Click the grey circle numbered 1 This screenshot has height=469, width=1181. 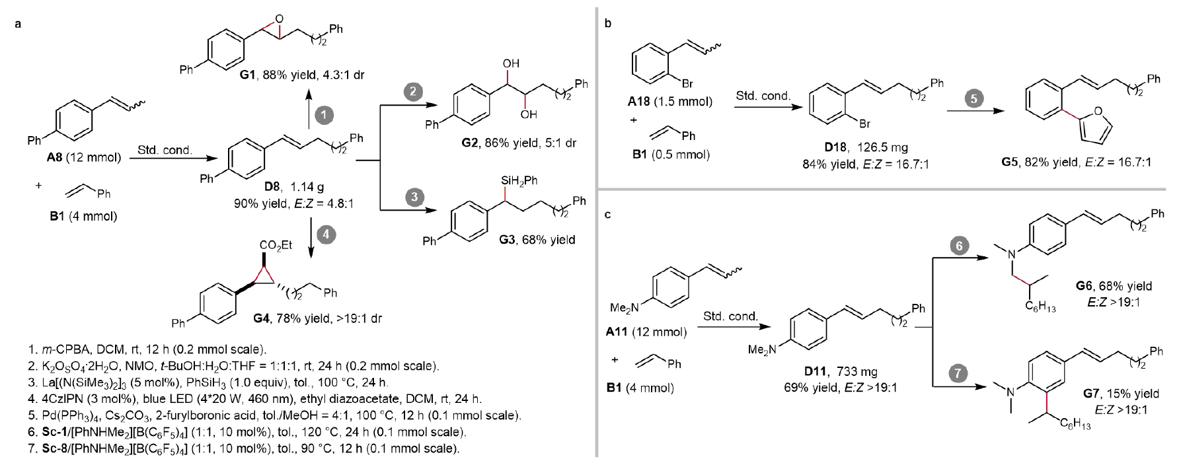click(323, 115)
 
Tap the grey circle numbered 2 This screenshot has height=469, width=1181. click(413, 91)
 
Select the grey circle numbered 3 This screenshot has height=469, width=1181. click(414, 196)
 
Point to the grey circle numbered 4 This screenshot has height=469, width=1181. click(325, 234)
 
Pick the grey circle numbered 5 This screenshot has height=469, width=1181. click(973, 98)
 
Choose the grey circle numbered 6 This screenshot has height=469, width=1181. click(959, 246)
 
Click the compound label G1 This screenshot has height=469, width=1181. click(247, 75)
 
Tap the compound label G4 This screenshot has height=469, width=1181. click(261, 318)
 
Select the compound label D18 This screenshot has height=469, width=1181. click(835, 147)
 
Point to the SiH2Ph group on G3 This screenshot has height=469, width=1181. click(519, 180)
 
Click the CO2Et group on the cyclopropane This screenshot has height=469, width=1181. click(276, 245)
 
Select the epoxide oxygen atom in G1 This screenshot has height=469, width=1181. click(279, 19)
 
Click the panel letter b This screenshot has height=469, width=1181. click(608, 24)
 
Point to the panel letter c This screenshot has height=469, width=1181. click(608, 214)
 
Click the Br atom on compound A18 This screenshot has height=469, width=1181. click(687, 84)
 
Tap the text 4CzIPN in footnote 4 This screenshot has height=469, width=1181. click(50, 399)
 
